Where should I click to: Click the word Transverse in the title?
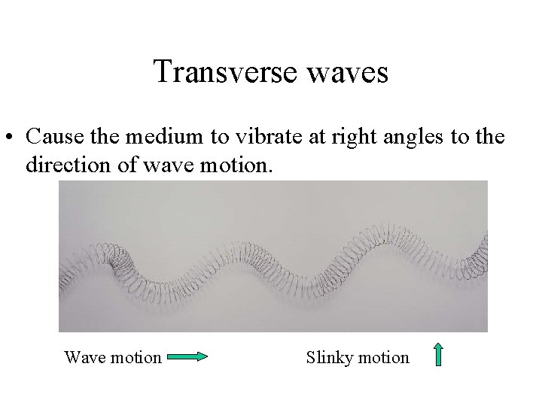211,73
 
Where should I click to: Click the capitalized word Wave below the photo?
83,357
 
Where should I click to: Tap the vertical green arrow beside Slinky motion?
438,355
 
